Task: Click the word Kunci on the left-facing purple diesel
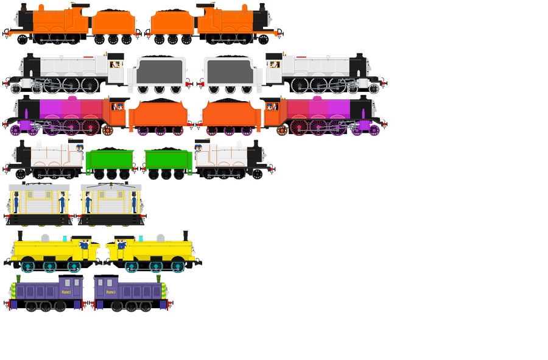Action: click(66, 292)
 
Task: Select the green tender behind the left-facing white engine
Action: click(110, 161)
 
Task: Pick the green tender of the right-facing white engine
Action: click(167, 161)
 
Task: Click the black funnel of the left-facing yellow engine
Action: click(22, 235)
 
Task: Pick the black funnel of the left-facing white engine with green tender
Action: click(23, 145)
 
